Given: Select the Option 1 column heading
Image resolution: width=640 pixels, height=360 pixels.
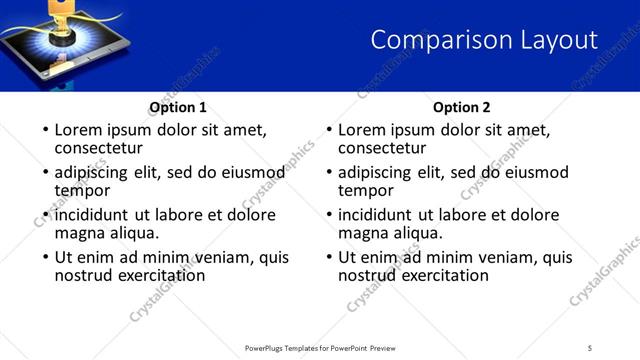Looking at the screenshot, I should (x=177, y=107).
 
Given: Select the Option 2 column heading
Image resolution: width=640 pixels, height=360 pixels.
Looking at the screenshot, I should (x=461, y=107).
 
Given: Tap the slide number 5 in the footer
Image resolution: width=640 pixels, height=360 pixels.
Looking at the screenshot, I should (x=589, y=347).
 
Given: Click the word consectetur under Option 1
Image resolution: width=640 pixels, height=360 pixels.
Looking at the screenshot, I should (x=99, y=149).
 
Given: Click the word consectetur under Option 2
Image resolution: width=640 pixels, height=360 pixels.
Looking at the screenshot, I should (x=383, y=149).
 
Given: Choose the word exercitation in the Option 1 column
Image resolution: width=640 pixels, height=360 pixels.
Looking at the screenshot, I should (x=160, y=275).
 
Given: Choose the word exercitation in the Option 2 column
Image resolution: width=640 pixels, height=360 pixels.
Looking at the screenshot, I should (x=444, y=275).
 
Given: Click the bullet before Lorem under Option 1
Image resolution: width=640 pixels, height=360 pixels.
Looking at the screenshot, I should (x=45, y=131).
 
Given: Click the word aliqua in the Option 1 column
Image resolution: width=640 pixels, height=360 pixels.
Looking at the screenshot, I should (x=131, y=233).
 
